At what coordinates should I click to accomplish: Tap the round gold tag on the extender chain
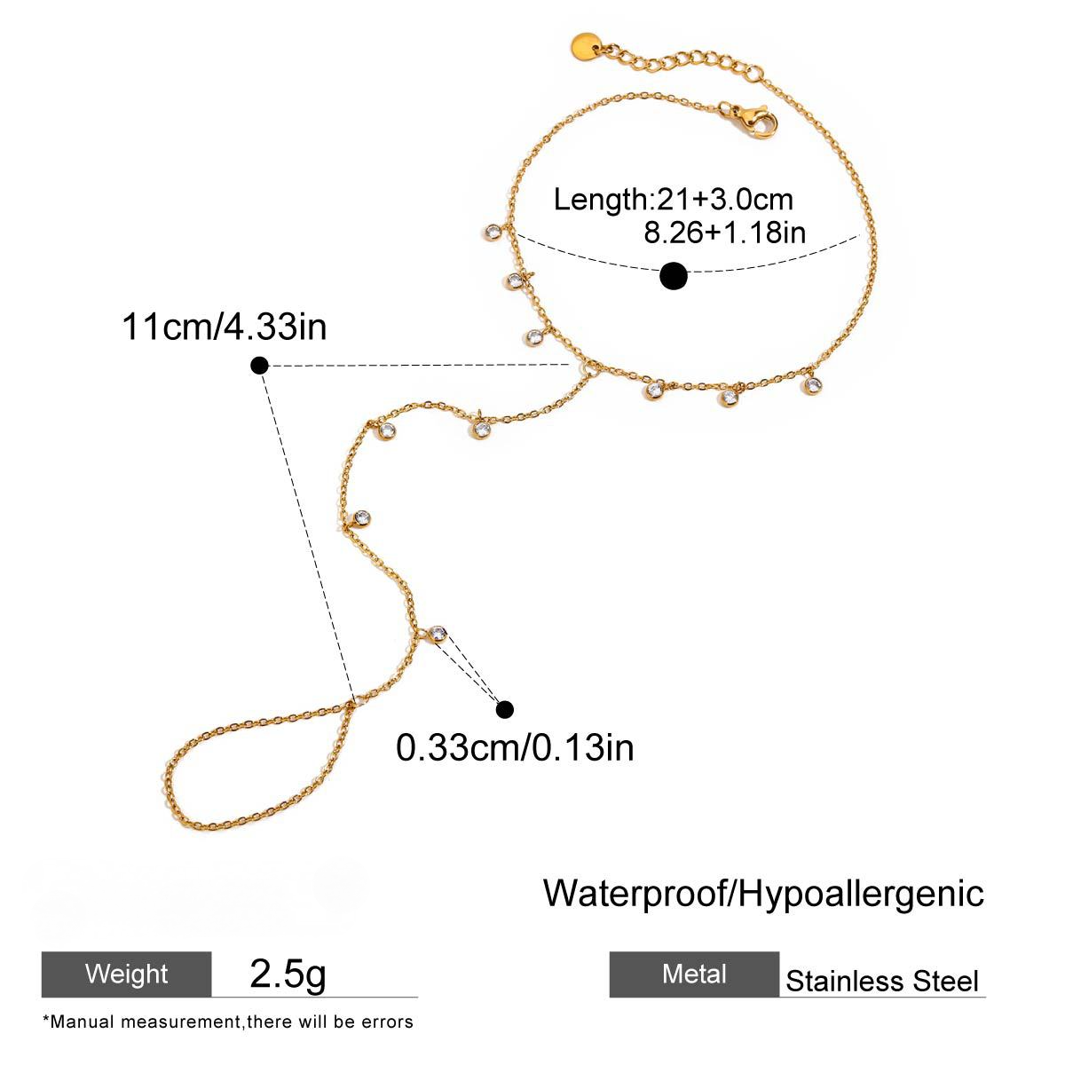tap(585, 44)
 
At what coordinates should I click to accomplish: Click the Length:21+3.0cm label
tap(673, 200)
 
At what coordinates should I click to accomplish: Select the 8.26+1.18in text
tap(724, 233)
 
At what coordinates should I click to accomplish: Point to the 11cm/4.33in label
tap(224, 327)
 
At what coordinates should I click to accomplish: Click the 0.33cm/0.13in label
tap(515, 747)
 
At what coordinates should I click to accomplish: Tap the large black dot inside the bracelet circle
tap(673, 276)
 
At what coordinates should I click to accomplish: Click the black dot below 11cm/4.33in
tap(259, 366)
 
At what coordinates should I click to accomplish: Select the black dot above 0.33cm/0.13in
tap(505, 709)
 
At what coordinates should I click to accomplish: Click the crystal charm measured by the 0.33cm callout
tap(438, 634)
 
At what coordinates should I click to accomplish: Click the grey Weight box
tap(127, 974)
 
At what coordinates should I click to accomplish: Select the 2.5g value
tap(288, 973)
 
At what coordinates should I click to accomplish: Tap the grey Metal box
tap(694, 974)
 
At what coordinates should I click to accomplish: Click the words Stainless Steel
tap(882, 981)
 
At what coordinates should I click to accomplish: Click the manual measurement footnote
tap(228, 1022)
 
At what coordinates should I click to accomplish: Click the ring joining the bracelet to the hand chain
tap(585, 367)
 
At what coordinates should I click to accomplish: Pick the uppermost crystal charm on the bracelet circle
tap(492, 232)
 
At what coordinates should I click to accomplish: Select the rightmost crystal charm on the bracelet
tap(811, 384)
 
